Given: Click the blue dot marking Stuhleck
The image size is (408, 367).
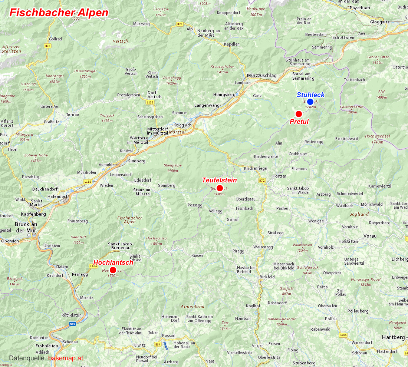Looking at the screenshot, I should [x=310, y=102].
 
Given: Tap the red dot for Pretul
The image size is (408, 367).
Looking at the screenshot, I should [x=299, y=114].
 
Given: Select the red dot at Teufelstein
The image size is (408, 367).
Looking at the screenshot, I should [x=220, y=188].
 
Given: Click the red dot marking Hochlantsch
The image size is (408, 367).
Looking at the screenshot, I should [x=113, y=270].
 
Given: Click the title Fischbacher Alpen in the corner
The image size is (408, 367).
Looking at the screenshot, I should [x=59, y=13].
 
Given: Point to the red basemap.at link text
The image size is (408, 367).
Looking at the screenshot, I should [x=66, y=358].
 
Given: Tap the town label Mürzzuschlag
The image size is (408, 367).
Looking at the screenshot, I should [x=262, y=75].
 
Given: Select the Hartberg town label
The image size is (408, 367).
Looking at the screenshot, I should [x=393, y=337].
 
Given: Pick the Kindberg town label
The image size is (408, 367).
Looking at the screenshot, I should [x=136, y=161].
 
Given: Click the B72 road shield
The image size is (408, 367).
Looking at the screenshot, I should [x=262, y=181].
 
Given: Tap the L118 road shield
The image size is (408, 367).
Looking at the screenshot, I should [x=88, y=181].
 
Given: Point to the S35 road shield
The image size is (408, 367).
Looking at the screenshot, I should [x=72, y=324].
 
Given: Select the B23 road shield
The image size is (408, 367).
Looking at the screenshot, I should [x=180, y=24].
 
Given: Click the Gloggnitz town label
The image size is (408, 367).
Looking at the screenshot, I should [x=380, y=22].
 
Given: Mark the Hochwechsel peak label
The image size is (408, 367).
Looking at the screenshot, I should [x=377, y=136].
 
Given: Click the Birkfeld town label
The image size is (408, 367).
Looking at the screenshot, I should [x=267, y=277].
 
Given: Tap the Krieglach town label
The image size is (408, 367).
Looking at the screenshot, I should [x=182, y=125].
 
